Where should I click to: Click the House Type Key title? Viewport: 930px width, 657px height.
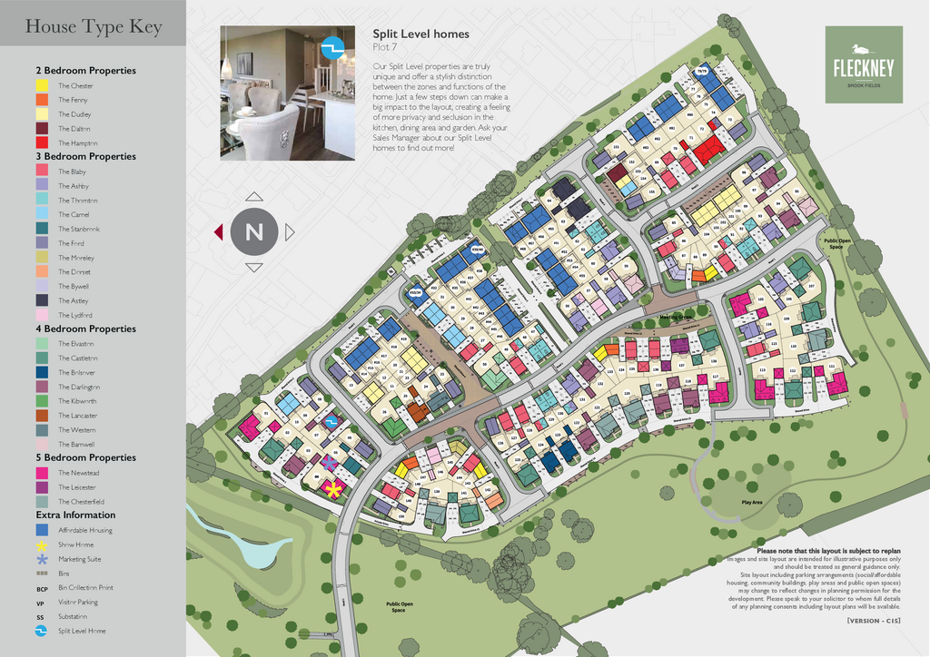(x=94, y=26)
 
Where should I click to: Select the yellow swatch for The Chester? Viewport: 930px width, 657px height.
(x=42, y=85)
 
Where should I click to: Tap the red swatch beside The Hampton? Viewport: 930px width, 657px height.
(x=42, y=142)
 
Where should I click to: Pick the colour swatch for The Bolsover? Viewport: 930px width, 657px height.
(x=42, y=372)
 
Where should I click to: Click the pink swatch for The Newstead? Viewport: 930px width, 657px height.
(x=42, y=473)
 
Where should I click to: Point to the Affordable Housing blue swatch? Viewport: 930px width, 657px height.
(x=42, y=530)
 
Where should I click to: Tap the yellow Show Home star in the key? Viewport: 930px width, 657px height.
(x=42, y=545)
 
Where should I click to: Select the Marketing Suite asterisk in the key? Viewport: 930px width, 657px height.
(x=42, y=559)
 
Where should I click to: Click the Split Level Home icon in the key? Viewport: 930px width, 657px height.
(x=42, y=631)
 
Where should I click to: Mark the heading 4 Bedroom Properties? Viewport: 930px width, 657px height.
(x=85, y=328)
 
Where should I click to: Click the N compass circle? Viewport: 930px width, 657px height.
(x=254, y=232)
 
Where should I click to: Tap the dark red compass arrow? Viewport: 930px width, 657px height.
(x=218, y=232)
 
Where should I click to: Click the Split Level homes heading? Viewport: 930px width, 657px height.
(x=420, y=34)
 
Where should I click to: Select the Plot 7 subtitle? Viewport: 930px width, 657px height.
(x=386, y=47)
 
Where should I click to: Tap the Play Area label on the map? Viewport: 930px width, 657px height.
(x=752, y=502)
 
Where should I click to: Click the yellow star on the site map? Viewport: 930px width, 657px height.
(x=333, y=490)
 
